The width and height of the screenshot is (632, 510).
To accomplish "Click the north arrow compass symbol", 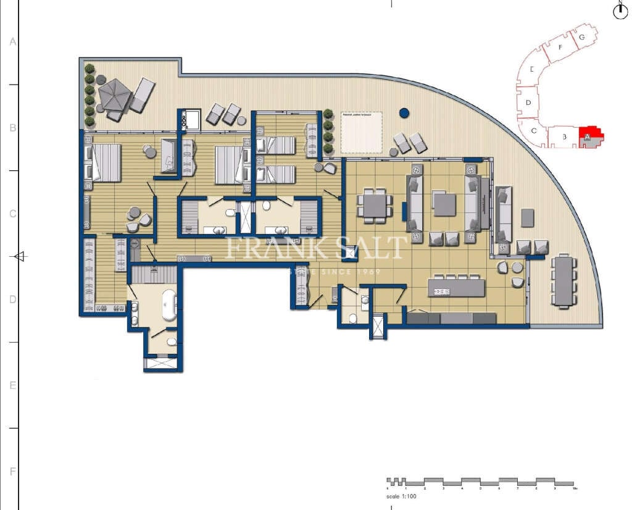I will tap(620, 11).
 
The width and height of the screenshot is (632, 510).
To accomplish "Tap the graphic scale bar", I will tap(480, 481).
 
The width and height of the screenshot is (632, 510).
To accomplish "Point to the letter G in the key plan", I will tap(581, 37).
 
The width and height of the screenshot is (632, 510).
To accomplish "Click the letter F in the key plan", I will tap(559, 47).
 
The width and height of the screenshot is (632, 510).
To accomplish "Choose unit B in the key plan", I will tap(564, 137).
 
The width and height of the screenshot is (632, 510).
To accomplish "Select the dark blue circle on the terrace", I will tap(404, 113).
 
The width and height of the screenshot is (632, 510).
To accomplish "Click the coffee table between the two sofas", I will tap(444, 204).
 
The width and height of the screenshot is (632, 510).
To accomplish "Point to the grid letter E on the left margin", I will tap(12, 385).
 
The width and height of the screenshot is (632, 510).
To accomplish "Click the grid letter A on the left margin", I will tap(12, 42).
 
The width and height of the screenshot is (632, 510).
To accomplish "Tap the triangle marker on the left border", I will tap(20, 256).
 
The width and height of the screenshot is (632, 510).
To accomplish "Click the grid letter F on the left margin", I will tap(12, 472).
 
